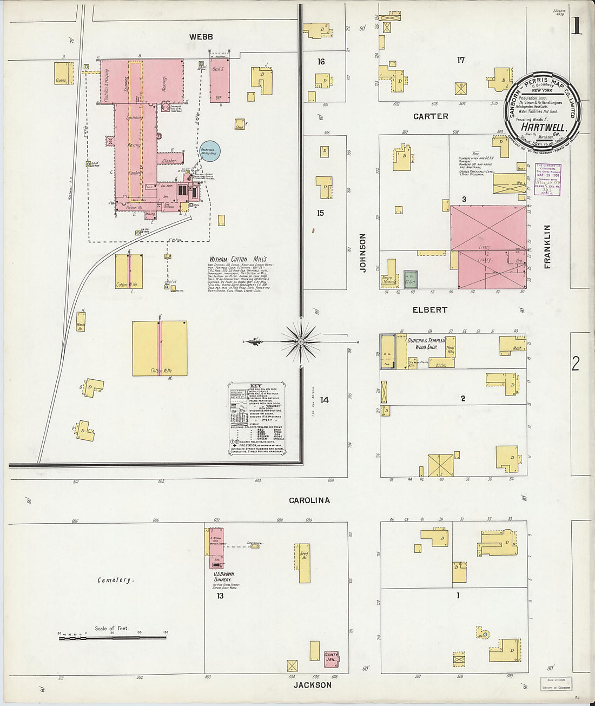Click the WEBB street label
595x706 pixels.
coord(201,37)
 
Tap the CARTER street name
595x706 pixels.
coord(431,116)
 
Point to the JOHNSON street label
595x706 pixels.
coord(363,253)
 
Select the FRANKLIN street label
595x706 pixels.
coord(547,247)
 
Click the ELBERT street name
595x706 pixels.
coord(430,310)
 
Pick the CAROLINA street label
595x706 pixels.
coord(309,500)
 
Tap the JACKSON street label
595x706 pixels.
coord(313,685)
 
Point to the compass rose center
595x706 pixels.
coord(301,342)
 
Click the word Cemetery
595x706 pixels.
coord(115,580)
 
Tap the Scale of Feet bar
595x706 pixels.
coord(112,638)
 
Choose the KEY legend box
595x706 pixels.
coord(257,418)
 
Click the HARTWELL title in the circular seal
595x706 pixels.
coord(543,127)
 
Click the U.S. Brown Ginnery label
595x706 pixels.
coord(222,576)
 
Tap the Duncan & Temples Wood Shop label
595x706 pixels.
coord(426,344)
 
